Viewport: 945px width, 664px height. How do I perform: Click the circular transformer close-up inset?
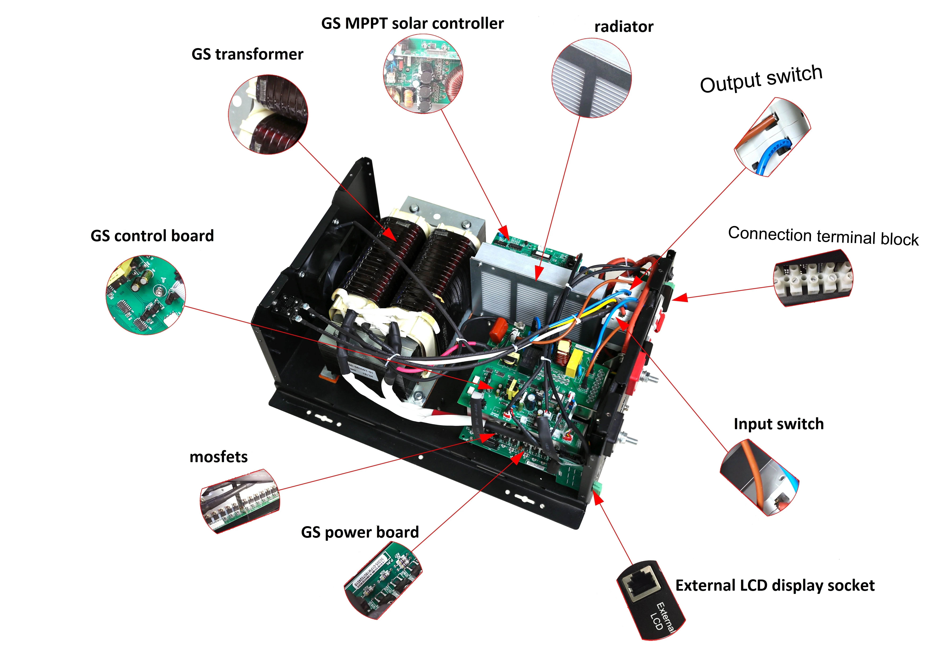click(268, 114)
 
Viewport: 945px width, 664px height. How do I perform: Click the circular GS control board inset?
click(146, 295)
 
